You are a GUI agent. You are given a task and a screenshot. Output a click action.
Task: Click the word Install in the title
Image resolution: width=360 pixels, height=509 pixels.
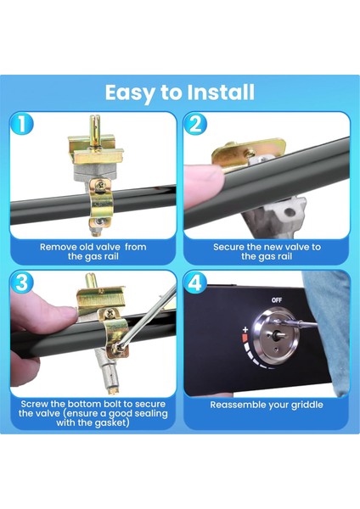[x=221, y=92]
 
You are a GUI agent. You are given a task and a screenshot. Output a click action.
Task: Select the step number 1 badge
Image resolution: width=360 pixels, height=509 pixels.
[x=21, y=124]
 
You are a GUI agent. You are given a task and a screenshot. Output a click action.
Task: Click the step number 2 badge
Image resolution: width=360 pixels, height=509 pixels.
[x=195, y=124]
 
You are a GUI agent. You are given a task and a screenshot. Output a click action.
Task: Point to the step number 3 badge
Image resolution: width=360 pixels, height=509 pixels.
[x=21, y=282]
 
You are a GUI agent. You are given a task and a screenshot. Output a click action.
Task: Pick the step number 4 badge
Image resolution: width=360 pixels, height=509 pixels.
[x=195, y=282]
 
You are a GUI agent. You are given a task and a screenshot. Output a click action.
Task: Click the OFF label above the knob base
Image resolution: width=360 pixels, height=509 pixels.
[x=277, y=300]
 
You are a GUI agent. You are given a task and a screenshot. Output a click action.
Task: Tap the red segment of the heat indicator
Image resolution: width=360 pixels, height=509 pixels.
[x=245, y=338]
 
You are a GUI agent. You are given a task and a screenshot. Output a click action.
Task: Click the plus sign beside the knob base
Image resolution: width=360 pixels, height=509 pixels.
[x=245, y=330]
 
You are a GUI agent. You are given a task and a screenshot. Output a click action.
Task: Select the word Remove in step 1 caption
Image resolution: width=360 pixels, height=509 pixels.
[x=58, y=247]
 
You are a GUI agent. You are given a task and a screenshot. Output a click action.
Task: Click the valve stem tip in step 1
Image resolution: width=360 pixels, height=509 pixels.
[x=94, y=119]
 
